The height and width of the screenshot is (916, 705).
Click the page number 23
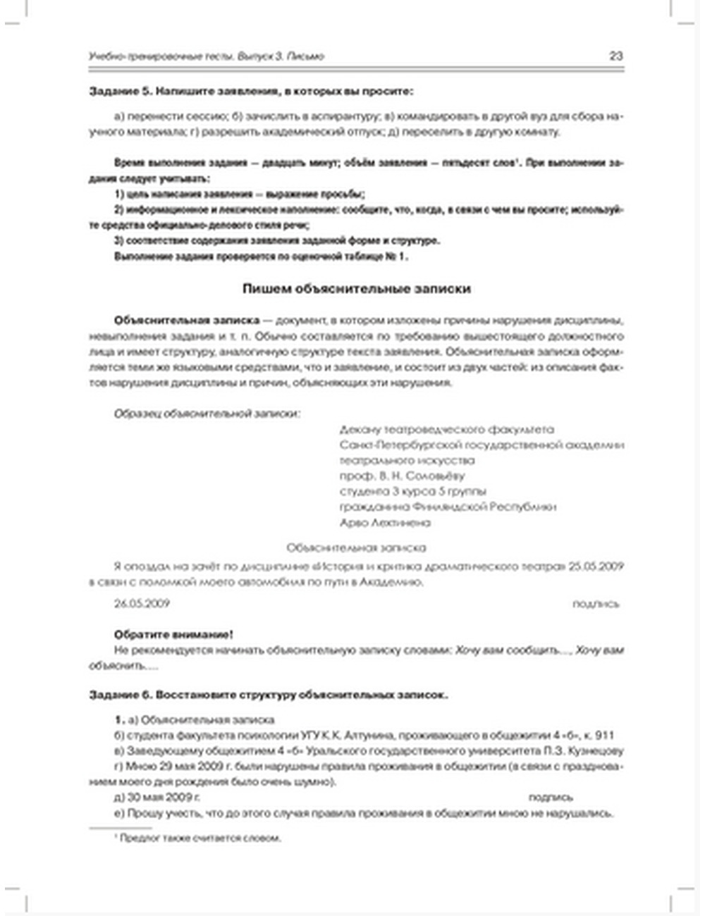click(x=615, y=56)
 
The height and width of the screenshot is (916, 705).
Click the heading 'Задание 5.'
click(x=119, y=91)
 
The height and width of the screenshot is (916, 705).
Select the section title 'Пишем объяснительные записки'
click(x=356, y=289)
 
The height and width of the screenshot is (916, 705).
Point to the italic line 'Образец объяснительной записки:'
click(x=207, y=414)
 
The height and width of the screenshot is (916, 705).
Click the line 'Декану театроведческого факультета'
click(x=446, y=429)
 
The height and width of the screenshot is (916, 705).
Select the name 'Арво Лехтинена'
click(x=385, y=523)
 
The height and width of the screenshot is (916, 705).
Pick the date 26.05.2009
click(x=142, y=603)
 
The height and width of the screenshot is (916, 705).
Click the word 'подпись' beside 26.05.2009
click(x=596, y=603)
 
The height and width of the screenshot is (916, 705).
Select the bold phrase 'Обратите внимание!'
click(x=173, y=634)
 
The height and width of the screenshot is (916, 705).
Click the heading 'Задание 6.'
click(x=119, y=695)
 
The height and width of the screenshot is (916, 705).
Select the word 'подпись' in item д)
click(x=551, y=798)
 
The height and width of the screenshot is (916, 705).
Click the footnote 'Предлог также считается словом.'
click(x=200, y=838)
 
